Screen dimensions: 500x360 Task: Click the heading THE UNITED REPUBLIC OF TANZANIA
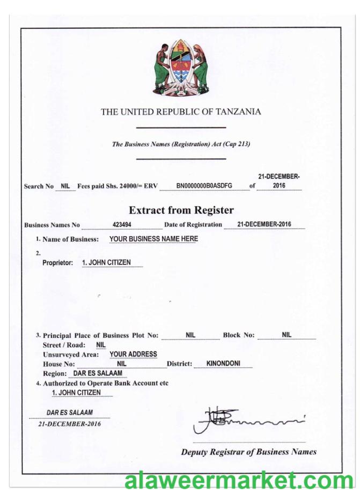[x=181, y=112]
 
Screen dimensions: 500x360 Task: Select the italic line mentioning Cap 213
[x=181, y=144]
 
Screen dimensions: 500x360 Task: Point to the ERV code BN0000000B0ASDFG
[x=204, y=186]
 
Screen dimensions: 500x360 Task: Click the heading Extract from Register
[x=181, y=210]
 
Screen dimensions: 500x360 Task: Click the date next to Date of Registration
[x=265, y=224]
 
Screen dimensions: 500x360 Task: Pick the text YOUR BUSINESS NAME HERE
[x=153, y=239]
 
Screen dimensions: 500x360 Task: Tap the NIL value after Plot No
[x=190, y=335]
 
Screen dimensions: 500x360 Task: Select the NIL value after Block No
[x=286, y=335]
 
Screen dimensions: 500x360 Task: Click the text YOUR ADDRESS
[x=133, y=354]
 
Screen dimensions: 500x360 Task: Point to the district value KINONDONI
[x=223, y=363]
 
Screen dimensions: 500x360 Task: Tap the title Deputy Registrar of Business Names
[x=248, y=452]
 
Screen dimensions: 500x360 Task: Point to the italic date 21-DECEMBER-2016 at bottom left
[x=69, y=423]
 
